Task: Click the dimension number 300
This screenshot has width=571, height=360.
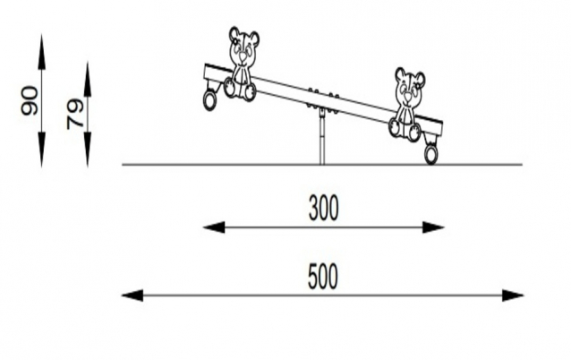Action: tap(323, 208)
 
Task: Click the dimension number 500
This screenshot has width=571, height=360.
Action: tap(323, 277)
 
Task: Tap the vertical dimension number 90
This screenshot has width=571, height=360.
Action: tap(30, 100)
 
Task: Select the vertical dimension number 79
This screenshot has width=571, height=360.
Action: tap(75, 115)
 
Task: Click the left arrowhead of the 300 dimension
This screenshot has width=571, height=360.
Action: tap(214, 227)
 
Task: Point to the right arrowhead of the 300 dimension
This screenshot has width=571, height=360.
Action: tap(433, 227)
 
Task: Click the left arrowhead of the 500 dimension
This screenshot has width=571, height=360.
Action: tap(132, 296)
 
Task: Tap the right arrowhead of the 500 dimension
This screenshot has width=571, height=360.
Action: tap(513, 296)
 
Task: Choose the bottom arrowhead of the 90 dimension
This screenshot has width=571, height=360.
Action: tap(41, 150)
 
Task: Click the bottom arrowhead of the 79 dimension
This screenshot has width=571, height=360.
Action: tap(88, 150)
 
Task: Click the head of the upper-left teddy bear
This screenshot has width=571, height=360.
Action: tap(243, 46)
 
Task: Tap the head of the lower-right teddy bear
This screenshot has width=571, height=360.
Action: tap(410, 88)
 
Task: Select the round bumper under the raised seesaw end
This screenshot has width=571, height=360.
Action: tap(209, 99)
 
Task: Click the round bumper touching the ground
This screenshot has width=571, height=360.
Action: tap(431, 155)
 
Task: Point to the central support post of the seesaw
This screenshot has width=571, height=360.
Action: tap(322, 138)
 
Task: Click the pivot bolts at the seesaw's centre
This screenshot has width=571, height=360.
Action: tap(323, 99)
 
